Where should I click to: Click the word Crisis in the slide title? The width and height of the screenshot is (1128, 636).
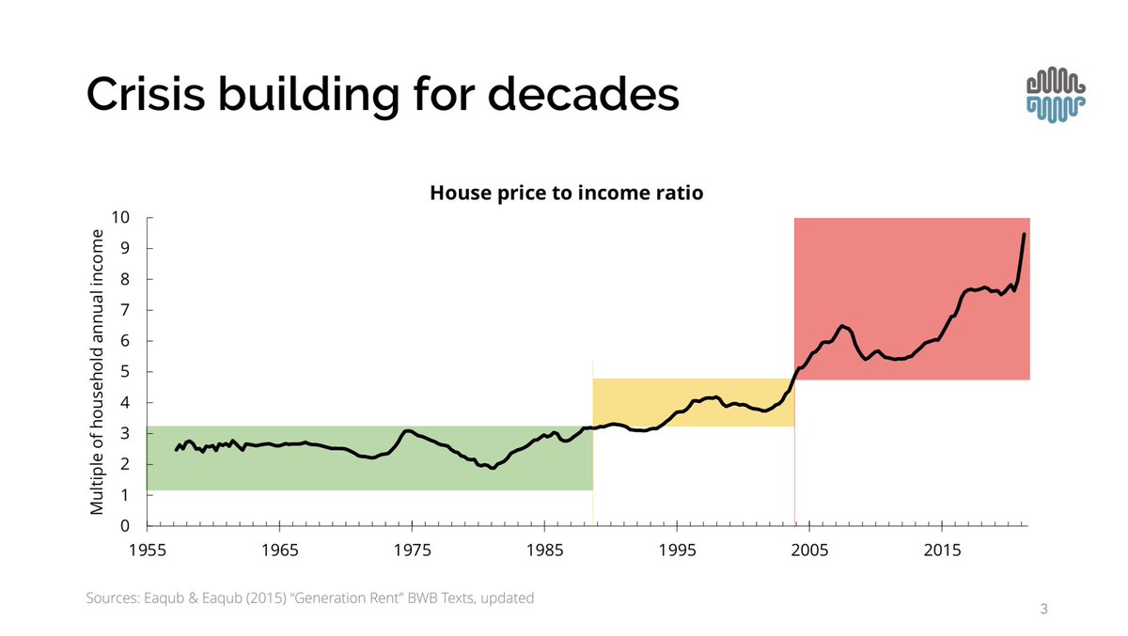click(151, 95)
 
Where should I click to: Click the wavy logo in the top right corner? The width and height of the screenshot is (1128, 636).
click(1057, 95)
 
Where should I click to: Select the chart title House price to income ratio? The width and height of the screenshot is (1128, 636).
click(567, 193)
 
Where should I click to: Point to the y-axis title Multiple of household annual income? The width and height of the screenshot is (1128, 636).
click(96, 372)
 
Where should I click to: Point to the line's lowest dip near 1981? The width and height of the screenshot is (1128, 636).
click(492, 467)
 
